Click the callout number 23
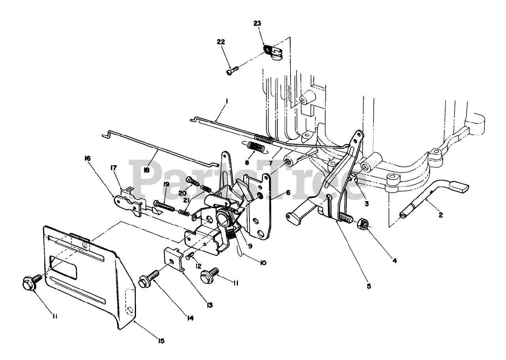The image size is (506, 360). [257, 23]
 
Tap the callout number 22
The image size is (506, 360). [221, 41]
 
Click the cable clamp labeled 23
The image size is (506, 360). [274, 53]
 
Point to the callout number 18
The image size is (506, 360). [146, 170]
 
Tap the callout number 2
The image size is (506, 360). [441, 215]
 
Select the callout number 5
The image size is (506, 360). [368, 286]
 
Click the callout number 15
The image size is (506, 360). [161, 340]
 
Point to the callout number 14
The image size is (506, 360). [191, 317]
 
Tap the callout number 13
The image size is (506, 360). [210, 305]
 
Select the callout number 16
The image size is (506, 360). [87, 158]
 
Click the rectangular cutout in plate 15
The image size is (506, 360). [63, 268]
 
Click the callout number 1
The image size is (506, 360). [227, 102]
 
